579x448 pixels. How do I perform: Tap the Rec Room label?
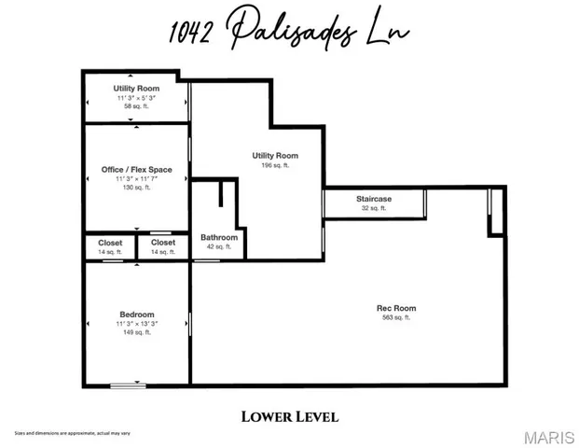[397, 308]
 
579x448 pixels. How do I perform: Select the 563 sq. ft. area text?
[397, 318]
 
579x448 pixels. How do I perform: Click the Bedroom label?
[137, 315]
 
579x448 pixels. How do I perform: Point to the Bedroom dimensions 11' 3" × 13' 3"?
[137, 324]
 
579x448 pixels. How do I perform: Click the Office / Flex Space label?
[137, 169]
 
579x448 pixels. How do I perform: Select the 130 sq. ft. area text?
[137, 188]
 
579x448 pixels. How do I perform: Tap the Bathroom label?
[219, 238]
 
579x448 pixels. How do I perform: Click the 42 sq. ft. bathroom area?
[219, 247]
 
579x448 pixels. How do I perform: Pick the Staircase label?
[373, 199]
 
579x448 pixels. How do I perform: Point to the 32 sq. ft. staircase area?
[373, 208]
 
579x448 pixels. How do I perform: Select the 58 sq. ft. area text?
[137, 106]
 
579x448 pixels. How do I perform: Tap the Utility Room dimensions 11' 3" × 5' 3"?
[137, 98]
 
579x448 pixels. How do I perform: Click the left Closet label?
[110, 243]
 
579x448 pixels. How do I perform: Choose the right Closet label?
[163, 243]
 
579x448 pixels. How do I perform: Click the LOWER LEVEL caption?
[290, 416]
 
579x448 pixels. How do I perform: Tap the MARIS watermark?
[548, 438]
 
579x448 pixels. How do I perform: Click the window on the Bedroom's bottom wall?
[128, 385]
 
